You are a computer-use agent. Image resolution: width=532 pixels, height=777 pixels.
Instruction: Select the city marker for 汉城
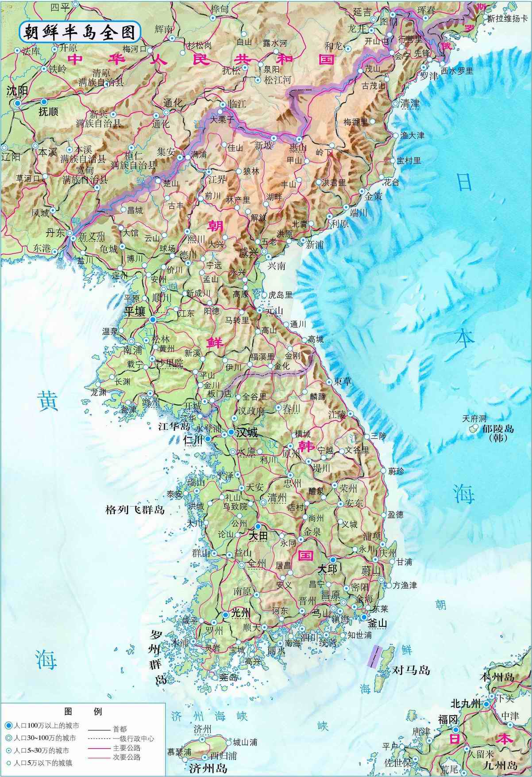pyautogui.click(x=231, y=432)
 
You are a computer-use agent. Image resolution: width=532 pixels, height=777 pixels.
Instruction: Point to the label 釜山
pyautogui.click(x=378, y=623)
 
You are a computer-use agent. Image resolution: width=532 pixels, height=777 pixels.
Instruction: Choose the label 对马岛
pyautogui.click(x=411, y=670)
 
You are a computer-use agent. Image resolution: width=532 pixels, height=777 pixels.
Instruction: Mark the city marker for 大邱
pyautogui.click(x=332, y=560)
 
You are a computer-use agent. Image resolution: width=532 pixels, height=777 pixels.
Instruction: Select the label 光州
pyautogui.click(x=241, y=613)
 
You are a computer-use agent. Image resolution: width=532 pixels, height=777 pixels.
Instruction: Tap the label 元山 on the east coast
pyautogui.click(x=274, y=311)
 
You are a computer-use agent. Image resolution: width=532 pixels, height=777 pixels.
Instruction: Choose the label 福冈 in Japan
pyautogui.click(x=447, y=720)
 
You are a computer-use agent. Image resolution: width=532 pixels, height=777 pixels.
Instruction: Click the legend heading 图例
pyautogui.click(x=83, y=711)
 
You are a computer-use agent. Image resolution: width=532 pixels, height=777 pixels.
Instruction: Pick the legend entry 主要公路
pyautogui.click(x=127, y=747)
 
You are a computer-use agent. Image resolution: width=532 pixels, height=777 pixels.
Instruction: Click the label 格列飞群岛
pyautogui.click(x=135, y=510)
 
